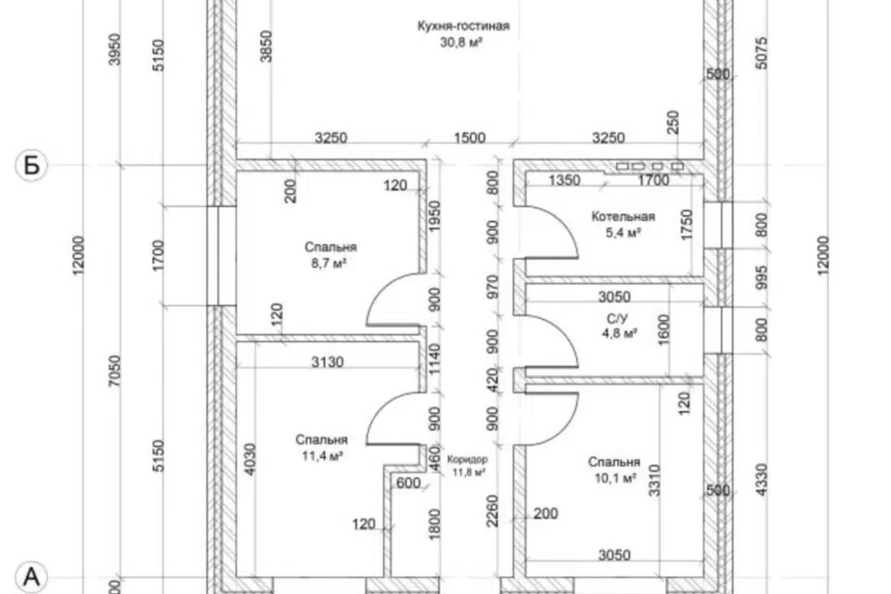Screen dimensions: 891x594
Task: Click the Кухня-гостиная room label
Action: (463, 26)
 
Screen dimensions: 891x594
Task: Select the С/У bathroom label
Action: (617, 319)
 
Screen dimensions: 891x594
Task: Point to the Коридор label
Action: (467, 459)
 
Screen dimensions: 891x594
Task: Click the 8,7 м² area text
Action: (329, 264)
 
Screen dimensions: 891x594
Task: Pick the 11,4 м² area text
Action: (322, 456)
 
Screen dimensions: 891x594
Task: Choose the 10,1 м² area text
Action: (614, 478)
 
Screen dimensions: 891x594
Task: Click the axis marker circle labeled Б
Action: (32, 165)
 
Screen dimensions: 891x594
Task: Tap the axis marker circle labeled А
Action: (32, 576)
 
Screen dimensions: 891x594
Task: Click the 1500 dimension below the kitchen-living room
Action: (470, 138)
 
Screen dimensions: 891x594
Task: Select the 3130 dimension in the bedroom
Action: (328, 362)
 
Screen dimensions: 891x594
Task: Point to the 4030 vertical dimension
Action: (249, 459)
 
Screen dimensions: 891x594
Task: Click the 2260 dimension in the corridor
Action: (492, 510)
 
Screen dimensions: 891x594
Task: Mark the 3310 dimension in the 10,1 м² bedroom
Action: (654, 481)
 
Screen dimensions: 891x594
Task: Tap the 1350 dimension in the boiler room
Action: (564, 180)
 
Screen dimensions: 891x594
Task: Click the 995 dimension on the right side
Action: (762, 278)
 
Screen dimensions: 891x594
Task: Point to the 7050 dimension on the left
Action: (115, 370)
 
